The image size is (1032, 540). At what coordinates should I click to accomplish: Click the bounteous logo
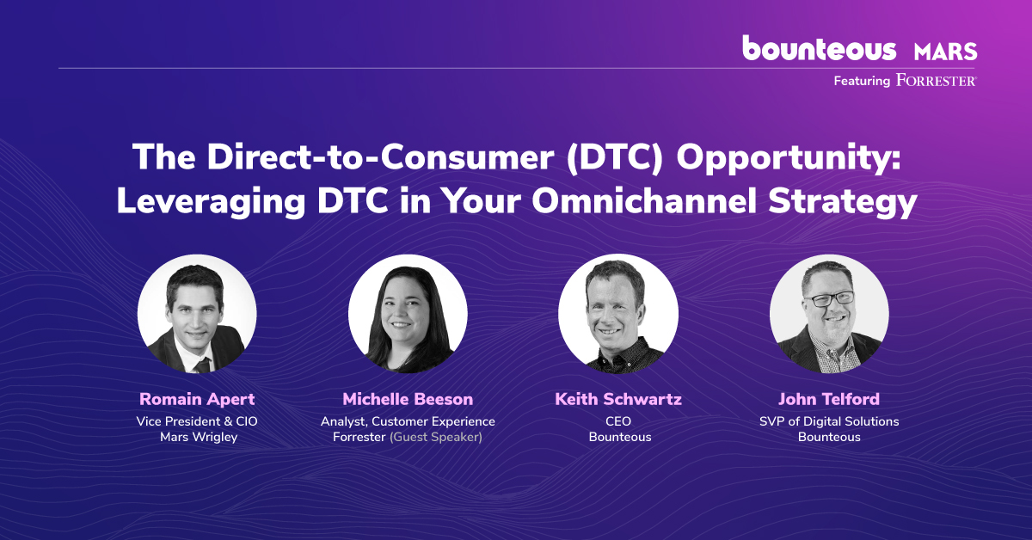click(819, 47)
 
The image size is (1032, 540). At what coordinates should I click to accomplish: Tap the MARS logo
click(945, 52)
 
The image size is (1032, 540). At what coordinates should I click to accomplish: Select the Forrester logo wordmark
click(937, 80)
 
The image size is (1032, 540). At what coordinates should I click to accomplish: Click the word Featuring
click(862, 81)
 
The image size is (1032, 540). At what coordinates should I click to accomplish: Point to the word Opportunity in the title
click(789, 158)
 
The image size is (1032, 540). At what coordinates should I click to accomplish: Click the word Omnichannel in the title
click(644, 200)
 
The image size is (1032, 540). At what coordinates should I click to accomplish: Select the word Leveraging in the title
click(211, 202)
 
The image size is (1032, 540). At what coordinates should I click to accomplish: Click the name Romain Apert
click(197, 399)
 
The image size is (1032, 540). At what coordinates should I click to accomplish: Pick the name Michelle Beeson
click(408, 399)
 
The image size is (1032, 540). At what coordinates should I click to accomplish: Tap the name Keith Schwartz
click(618, 399)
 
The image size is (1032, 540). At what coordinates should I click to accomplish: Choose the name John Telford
click(829, 399)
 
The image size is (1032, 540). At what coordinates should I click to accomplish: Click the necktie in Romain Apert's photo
click(203, 365)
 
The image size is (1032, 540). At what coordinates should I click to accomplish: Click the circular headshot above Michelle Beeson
click(408, 314)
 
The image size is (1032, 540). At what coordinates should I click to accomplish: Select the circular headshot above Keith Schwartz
click(618, 314)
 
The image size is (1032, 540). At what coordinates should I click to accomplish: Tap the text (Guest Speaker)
click(436, 438)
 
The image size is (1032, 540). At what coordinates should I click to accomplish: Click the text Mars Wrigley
click(199, 438)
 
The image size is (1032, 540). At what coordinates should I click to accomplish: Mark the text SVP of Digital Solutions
click(829, 421)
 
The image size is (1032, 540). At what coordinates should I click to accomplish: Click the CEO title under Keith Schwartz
click(618, 421)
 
